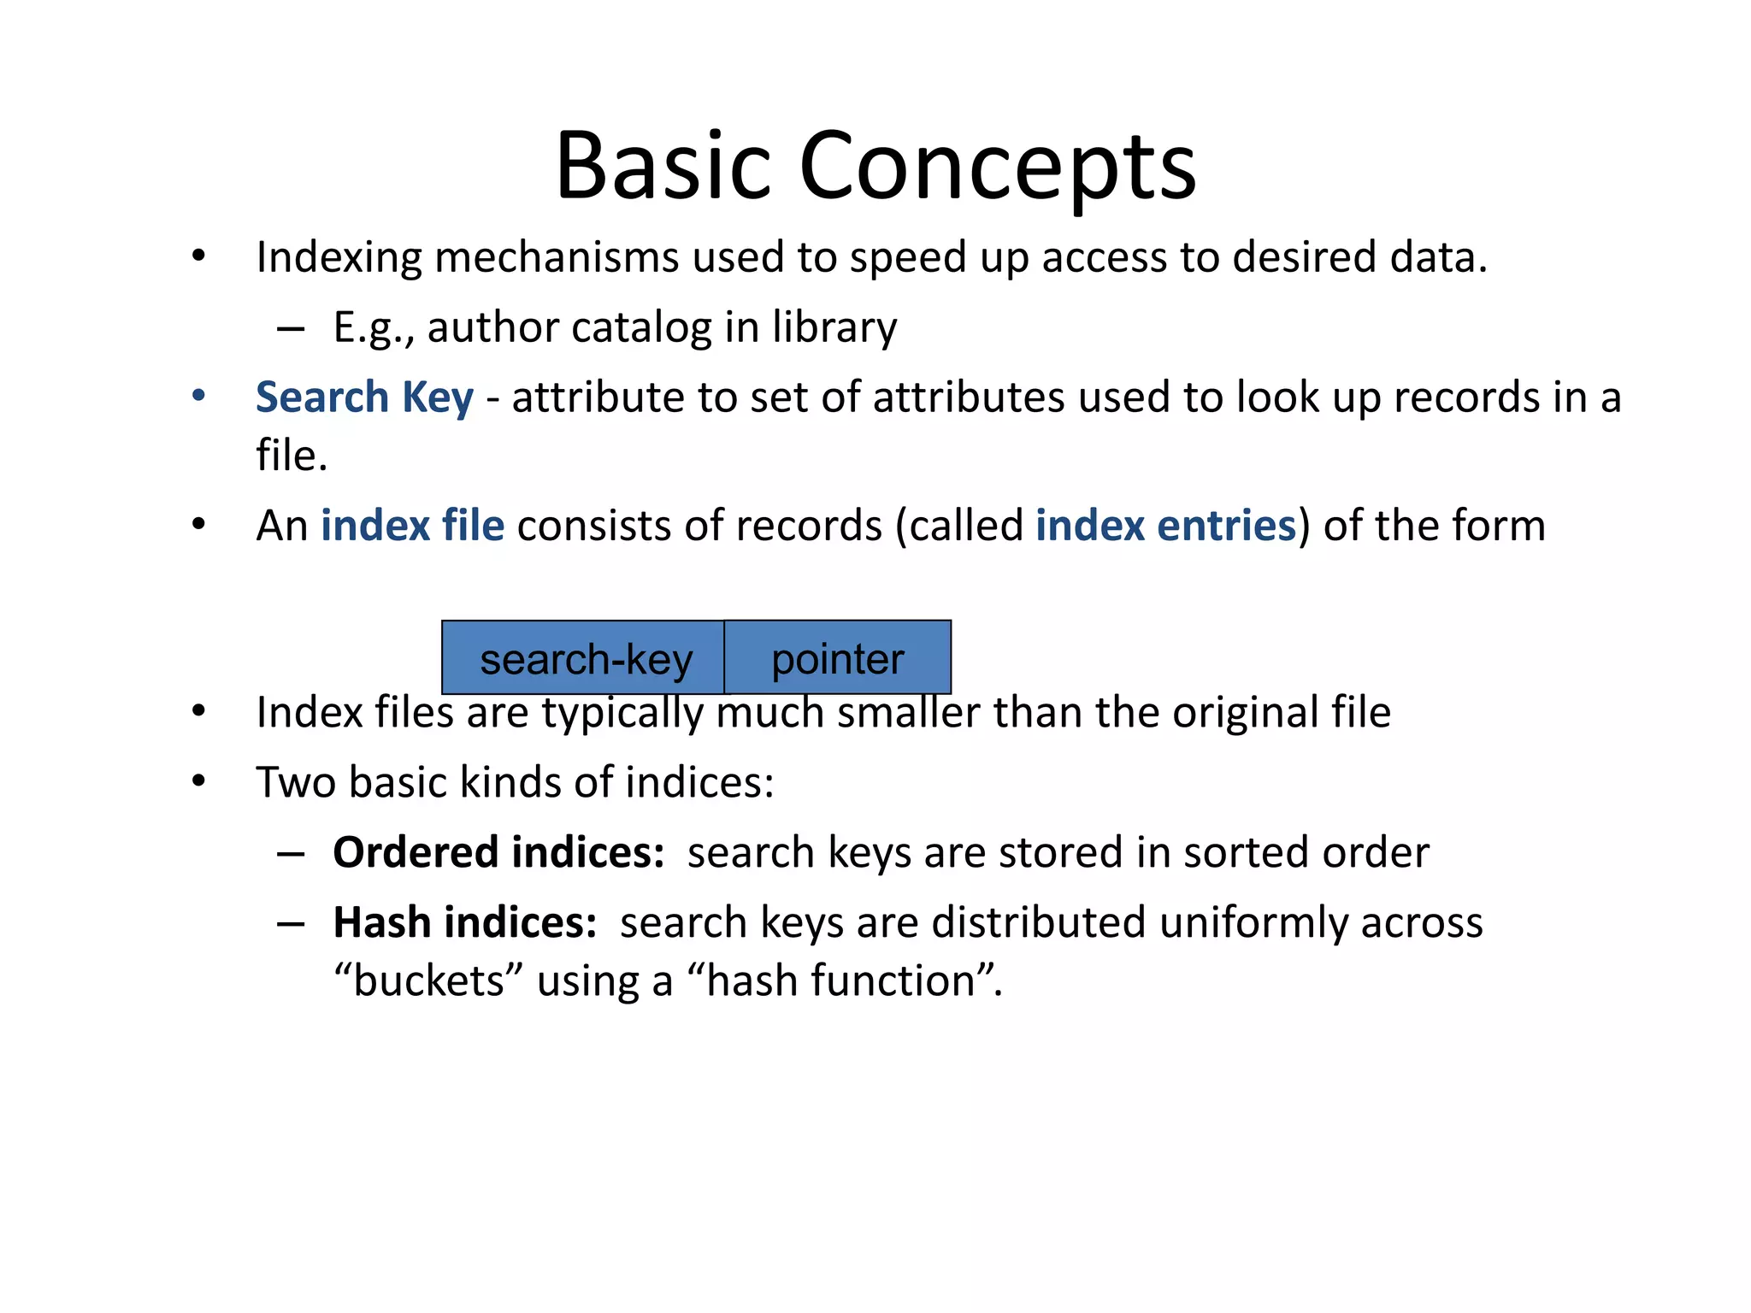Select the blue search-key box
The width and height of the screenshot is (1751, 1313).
[583, 657]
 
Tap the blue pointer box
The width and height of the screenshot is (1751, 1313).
[837, 657]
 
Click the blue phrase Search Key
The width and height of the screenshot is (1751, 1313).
[364, 397]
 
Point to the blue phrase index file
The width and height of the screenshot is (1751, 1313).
[412, 525]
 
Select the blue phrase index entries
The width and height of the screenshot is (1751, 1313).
[1165, 525]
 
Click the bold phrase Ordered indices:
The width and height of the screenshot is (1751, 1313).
[498, 852]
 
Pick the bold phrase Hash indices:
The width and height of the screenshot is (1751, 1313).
[465, 922]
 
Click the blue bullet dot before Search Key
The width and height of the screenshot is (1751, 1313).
[199, 396]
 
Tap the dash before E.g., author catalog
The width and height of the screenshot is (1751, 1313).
[291, 328]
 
